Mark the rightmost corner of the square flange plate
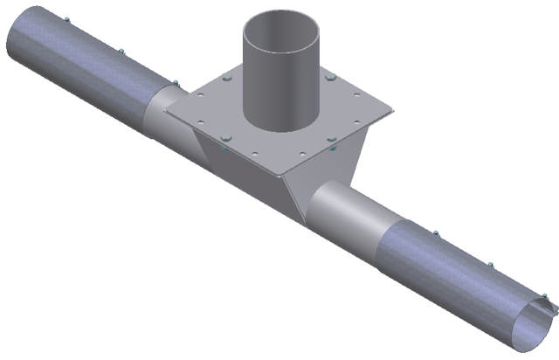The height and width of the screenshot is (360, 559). pos(392,112)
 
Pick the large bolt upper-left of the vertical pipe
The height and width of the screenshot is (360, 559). pos(226,80)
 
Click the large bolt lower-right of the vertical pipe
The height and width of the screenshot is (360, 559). pos(332,137)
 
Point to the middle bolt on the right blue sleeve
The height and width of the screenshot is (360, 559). pos(490,265)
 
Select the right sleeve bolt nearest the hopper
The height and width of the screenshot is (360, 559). pos(435,233)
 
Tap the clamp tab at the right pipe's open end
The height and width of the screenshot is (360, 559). pos(549,306)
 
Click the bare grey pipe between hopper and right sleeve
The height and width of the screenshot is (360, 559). pos(349,214)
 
